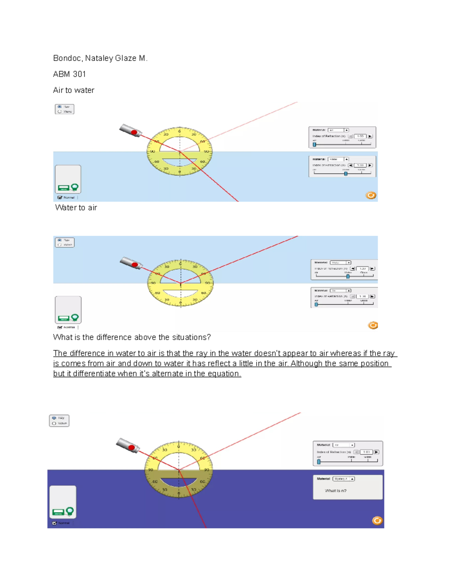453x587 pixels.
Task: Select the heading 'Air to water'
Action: (74, 90)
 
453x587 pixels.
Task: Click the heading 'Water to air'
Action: (76, 208)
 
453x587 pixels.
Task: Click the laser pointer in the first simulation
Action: (131, 131)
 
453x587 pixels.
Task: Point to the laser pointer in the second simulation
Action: (131, 263)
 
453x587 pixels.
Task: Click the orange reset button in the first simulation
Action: (371, 195)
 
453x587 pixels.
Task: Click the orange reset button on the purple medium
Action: (377, 520)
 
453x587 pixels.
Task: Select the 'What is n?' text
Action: (336, 491)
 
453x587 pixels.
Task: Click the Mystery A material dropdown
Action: (344, 479)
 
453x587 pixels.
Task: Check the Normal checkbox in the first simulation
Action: (60, 197)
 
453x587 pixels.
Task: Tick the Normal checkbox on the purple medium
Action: (54, 523)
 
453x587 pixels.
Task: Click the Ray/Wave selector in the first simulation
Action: (65, 109)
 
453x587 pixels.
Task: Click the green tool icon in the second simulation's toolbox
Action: (75, 317)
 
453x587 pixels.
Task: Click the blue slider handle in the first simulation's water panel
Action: (346, 173)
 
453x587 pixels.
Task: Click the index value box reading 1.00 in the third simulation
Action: (366, 452)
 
